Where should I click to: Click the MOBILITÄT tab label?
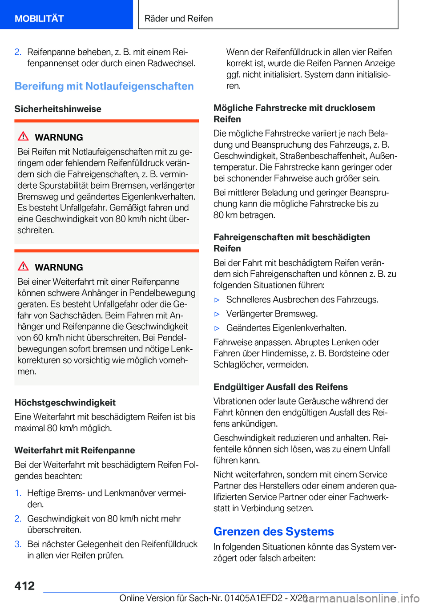click(39, 19)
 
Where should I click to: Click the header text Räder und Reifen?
click(178, 19)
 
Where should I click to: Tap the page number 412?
click(24, 586)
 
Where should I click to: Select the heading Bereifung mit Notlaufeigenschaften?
click(104, 86)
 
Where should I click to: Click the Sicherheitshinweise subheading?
click(58, 109)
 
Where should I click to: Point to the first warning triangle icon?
click(24, 136)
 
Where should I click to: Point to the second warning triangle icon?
click(24, 266)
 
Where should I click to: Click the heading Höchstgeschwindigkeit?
click(65, 403)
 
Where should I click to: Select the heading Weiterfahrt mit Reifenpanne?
click(75, 450)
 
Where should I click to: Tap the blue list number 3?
click(18, 544)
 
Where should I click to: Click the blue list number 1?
click(18, 493)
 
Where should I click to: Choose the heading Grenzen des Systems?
click(274, 532)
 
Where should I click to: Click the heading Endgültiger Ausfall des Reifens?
click(281, 387)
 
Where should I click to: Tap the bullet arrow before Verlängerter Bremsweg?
click(217, 314)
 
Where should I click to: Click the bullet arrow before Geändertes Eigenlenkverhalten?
click(217, 328)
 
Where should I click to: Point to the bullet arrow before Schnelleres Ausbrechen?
click(217, 300)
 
